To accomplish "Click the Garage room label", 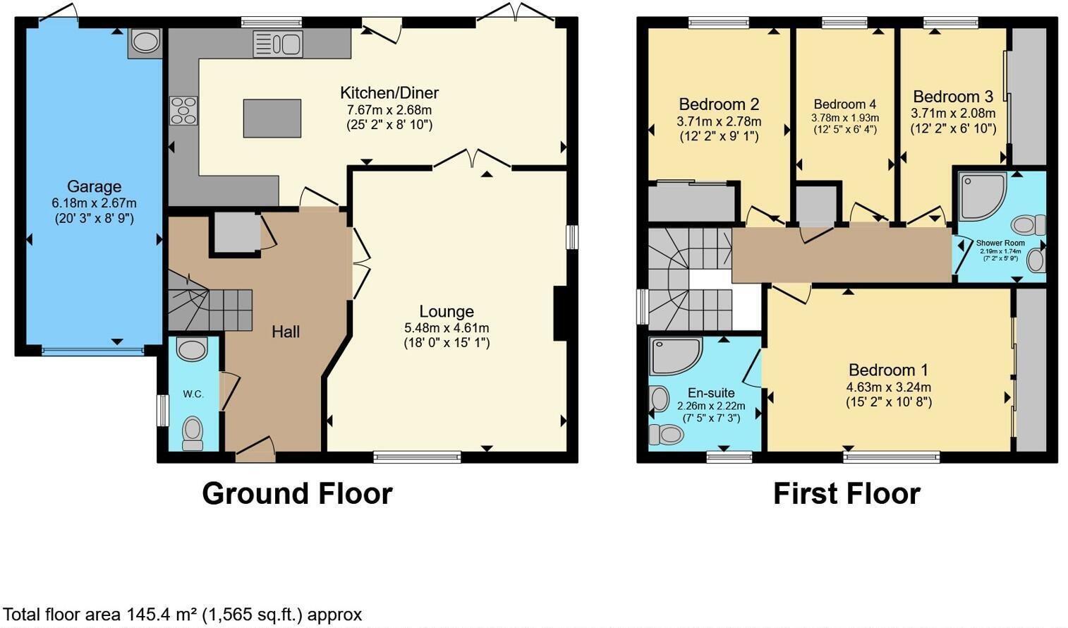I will tap(94, 187).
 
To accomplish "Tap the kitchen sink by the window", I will tap(278, 44).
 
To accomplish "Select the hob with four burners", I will tap(183, 111).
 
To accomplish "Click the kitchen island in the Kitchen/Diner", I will tap(272, 118).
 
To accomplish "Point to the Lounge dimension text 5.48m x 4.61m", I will tap(446, 328).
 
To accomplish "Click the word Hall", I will tap(286, 332).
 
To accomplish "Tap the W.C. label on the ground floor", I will tap(193, 394).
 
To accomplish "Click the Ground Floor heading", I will tap(297, 493).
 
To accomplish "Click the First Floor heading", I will tap(846, 493).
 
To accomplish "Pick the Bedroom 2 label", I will tap(719, 104).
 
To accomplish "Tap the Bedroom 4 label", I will tap(844, 104).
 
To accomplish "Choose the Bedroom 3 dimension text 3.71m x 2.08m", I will tap(953, 114).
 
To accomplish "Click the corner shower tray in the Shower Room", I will tap(981, 195).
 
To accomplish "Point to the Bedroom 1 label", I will tap(888, 370).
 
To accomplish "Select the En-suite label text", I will tap(711, 393).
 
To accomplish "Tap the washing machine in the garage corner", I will tap(145, 42).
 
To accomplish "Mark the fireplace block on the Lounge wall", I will tap(560, 313).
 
